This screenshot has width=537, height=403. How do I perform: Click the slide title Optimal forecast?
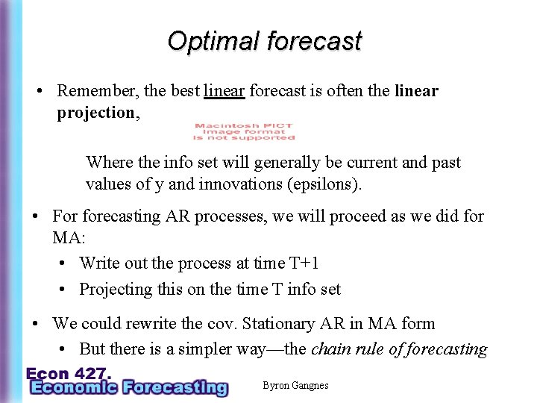(x=264, y=40)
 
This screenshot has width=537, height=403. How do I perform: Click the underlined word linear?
(x=224, y=91)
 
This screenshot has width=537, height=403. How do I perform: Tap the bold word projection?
(x=95, y=113)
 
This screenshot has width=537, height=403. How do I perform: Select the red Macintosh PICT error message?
(x=244, y=132)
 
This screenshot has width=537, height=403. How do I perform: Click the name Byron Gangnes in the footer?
(x=295, y=385)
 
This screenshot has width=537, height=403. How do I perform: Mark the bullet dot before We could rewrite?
(x=35, y=324)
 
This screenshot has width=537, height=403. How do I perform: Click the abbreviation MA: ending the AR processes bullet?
(x=66, y=238)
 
